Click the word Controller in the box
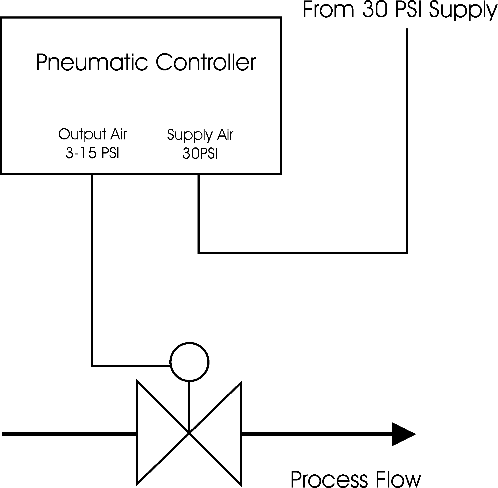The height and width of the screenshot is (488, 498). [x=205, y=62]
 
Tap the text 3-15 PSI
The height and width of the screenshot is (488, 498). [x=92, y=153]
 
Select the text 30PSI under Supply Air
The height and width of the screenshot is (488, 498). [x=200, y=154]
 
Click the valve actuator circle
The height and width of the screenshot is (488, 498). [x=189, y=362]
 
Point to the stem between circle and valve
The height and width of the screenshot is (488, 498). [x=189, y=402]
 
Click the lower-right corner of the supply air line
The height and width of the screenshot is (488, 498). [x=407, y=253]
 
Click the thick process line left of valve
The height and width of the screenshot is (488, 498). [x=69, y=434]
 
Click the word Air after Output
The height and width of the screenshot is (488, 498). [x=119, y=134]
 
